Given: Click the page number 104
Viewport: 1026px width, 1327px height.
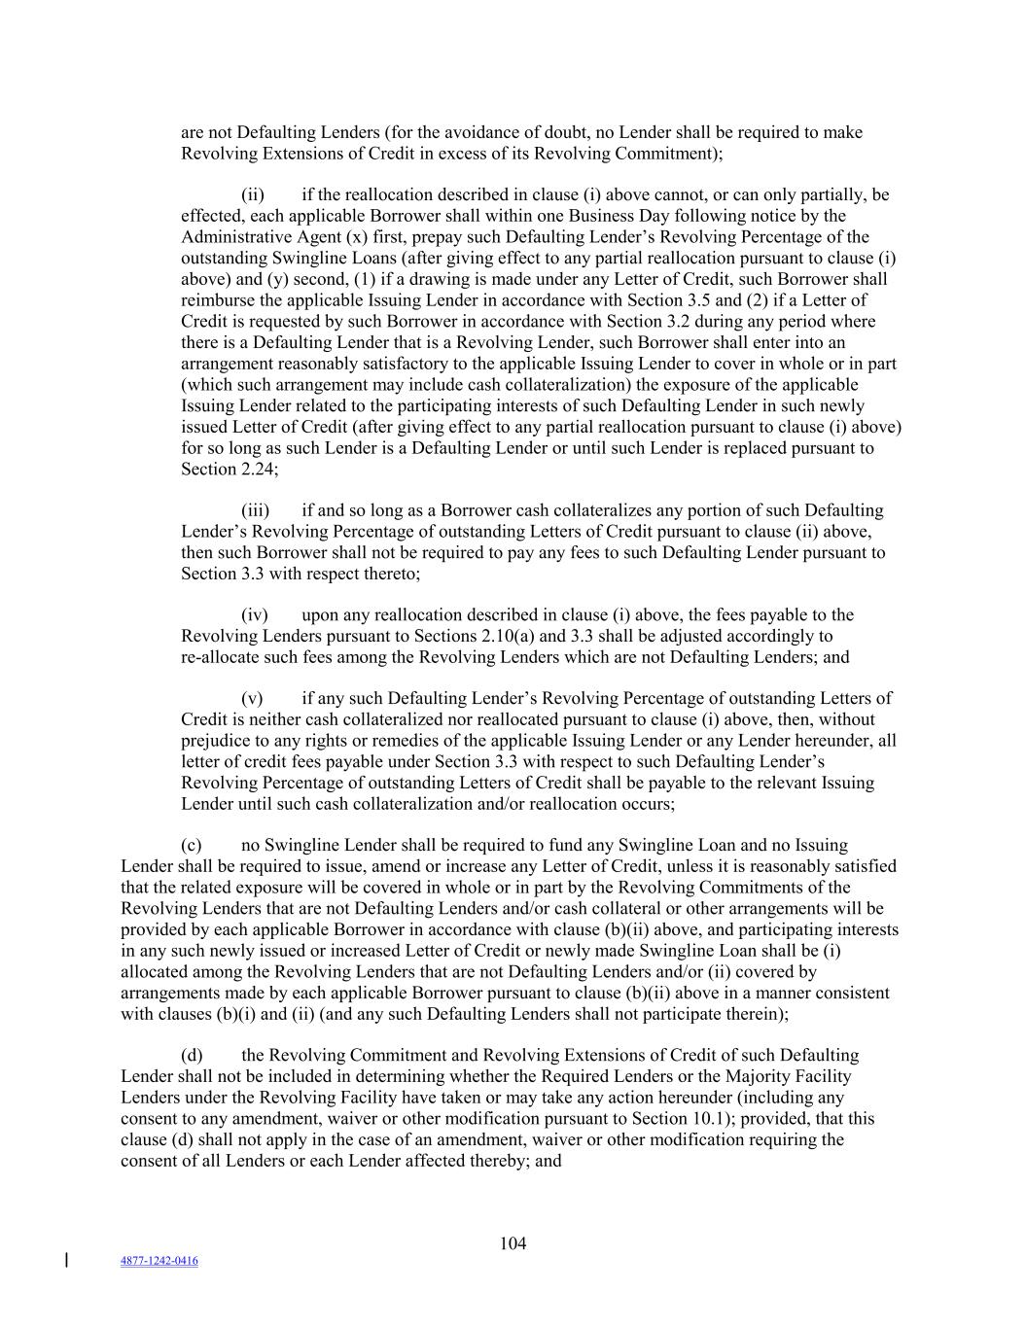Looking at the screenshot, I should (513, 1243).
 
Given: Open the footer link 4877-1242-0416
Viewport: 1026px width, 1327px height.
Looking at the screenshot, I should (159, 1261).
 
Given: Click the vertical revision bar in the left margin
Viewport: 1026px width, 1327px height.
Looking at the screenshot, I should (65, 1261).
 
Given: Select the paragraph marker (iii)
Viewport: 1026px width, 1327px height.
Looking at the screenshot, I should (256, 510).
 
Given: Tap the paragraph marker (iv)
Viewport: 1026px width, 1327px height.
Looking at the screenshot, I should (255, 615).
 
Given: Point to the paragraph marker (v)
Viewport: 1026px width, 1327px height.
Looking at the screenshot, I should (252, 699).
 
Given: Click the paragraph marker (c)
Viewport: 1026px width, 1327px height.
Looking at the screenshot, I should (192, 846).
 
